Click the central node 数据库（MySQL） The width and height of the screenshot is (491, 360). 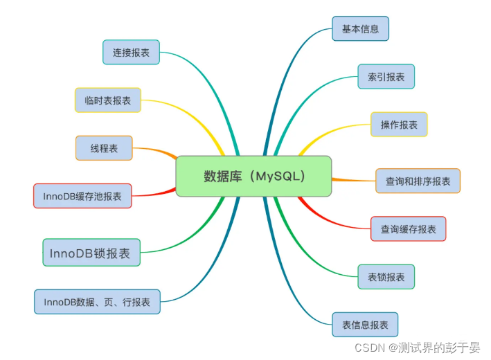click(x=253, y=176)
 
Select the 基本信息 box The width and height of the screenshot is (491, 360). click(x=360, y=29)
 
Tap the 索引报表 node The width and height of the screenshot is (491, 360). click(x=386, y=77)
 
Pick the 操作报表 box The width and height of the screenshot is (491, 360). click(x=399, y=125)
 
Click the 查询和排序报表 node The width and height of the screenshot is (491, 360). click(x=418, y=181)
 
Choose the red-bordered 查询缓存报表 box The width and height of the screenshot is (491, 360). click(x=408, y=228)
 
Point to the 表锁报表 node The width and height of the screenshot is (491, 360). click(x=386, y=277)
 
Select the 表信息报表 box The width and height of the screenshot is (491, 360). click(x=365, y=324)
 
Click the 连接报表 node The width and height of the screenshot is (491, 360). click(x=131, y=52)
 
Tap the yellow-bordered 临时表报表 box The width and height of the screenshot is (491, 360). click(x=107, y=100)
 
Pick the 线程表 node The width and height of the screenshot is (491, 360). click(x=103, y=148)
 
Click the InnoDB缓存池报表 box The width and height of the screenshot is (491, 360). click(x=82, y=196)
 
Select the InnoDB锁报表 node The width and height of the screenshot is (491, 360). click(x=90, y=253)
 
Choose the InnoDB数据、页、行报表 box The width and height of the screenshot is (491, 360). click(x=97, y=302)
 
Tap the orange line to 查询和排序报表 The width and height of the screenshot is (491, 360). click(x=353, y=180)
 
